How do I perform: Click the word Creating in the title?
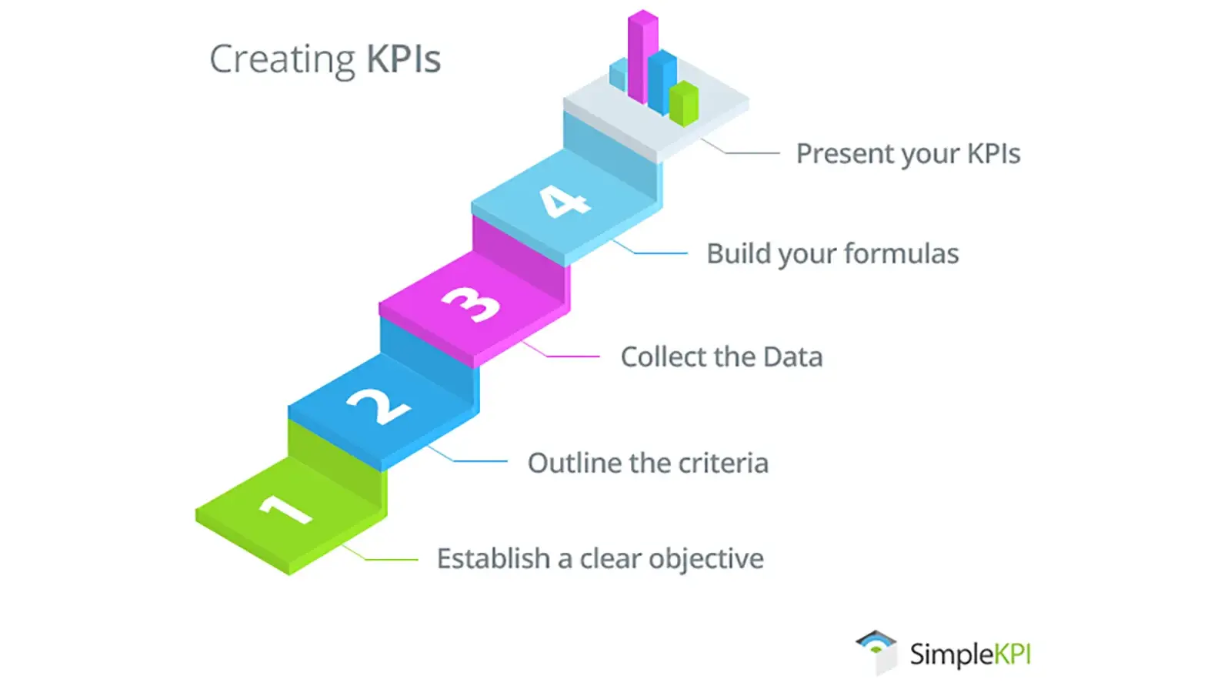282,60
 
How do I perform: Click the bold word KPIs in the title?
404,59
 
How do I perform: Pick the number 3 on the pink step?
472,304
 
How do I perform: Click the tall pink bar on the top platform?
642,57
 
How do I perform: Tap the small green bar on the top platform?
684,104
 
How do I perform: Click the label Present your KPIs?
909,154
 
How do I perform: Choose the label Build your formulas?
832,254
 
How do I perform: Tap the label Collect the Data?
722,357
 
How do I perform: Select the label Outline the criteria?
648,463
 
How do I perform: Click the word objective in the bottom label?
706,559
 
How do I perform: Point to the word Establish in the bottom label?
493,559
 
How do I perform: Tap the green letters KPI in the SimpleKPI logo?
1012,654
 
